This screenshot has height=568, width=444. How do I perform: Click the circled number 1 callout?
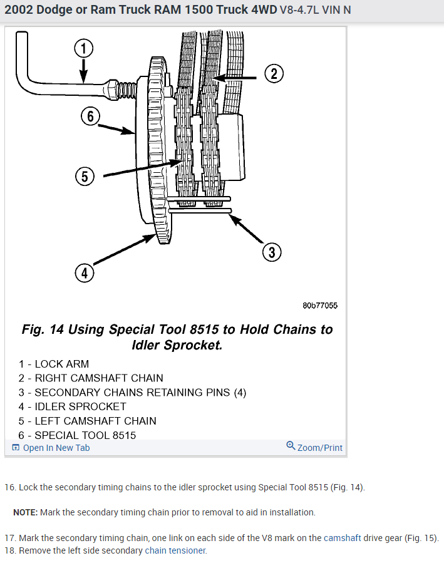click(83, 48)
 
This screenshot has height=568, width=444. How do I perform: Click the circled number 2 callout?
click(273, 75)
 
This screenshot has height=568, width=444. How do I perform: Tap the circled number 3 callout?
click(271, 252)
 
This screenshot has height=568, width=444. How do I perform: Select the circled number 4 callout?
click(84, 273)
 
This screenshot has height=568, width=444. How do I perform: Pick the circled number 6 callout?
click(91, 116)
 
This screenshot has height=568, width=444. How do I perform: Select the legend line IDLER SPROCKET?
click(72, 406)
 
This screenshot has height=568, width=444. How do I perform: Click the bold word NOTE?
click(25, 512)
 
